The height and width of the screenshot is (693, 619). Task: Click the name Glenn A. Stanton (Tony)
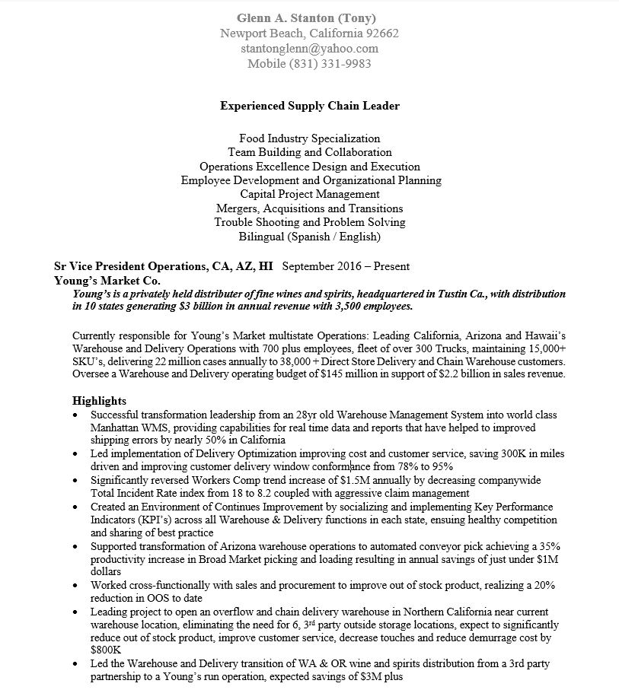(306, 17)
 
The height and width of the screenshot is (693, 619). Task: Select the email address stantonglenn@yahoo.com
(309, 48)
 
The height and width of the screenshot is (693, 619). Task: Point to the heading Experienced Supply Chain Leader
(309, 106)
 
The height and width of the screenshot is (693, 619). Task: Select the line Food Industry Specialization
(309, 138)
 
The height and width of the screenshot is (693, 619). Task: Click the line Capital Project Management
(309, 194)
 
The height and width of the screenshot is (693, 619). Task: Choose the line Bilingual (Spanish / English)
(309, 237)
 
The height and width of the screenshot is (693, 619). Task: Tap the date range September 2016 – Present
(346, 266)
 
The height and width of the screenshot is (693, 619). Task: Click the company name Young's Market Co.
(103, 280)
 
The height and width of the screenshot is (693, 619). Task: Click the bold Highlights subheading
(99, 401)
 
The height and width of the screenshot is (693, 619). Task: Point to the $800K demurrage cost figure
(106, 650)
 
